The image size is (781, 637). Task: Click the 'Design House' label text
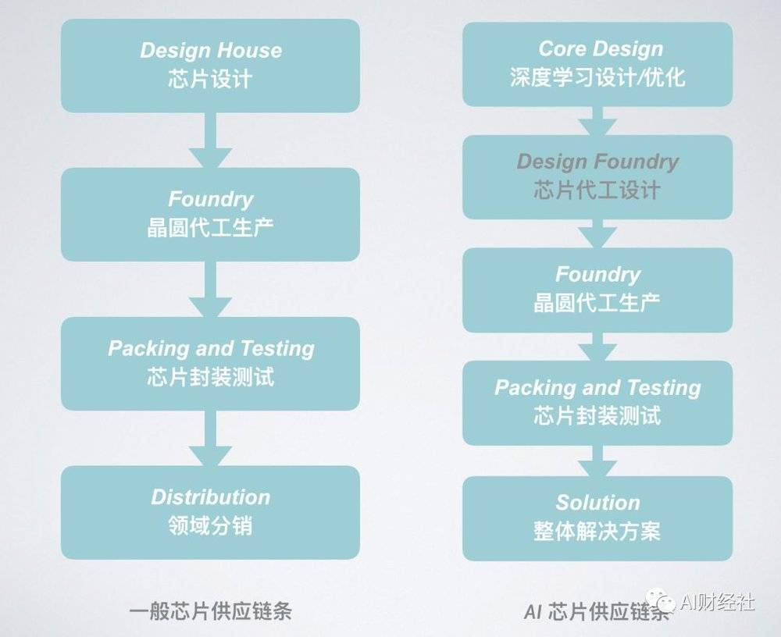(211, 50)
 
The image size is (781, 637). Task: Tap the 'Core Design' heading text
(601, 49)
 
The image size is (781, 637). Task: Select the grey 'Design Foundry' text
(597, 162)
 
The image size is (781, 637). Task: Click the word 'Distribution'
(211, 497)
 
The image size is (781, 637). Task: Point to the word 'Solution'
(597, 503)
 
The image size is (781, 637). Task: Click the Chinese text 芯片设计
(210, 79)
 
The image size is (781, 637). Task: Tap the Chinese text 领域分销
(210, 526)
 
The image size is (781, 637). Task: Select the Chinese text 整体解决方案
(597, 532)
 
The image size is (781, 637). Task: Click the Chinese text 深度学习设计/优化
(597, 77)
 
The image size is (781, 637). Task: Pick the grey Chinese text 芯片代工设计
(597, 190)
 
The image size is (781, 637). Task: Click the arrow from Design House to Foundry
(210, 141)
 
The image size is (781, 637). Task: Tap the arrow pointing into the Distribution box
(210, 438)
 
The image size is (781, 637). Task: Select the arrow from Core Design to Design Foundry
(597, 121)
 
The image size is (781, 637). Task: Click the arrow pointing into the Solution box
(597, 461)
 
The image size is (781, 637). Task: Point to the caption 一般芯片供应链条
(210, 611)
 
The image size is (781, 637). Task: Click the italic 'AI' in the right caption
(533, 611)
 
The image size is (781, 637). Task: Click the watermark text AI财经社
(717, 603)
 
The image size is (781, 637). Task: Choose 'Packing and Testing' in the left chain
(211, 349)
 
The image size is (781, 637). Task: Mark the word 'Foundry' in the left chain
(211, 199)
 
